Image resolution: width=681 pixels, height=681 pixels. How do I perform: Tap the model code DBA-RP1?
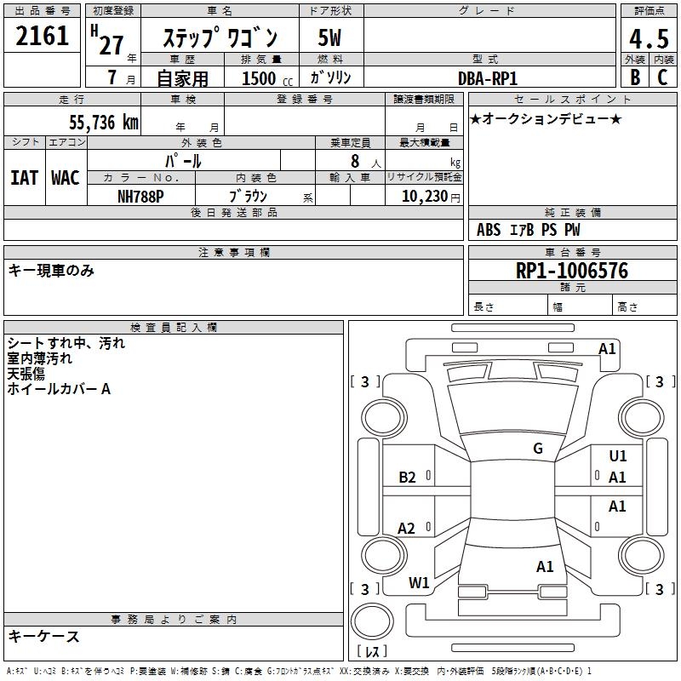(494, 77)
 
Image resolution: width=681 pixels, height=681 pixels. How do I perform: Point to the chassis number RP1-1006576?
(572, 271)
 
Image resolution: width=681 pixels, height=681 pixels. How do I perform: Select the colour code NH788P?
(141, 196)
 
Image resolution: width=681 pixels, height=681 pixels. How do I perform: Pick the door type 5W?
(330, 37)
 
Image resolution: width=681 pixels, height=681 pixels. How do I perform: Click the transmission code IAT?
(24, 177)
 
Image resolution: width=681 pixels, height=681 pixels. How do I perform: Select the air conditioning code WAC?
(65, 177)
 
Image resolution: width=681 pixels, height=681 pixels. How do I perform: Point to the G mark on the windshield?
(537, 449)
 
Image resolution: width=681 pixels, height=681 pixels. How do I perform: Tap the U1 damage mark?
(618, 456)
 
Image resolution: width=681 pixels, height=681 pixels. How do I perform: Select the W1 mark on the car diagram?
(419, 583)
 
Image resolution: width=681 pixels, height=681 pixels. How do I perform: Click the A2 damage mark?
(407, 529)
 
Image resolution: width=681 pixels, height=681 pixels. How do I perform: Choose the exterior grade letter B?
(634, 77)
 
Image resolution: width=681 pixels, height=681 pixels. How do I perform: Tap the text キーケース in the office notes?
(43, 636)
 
